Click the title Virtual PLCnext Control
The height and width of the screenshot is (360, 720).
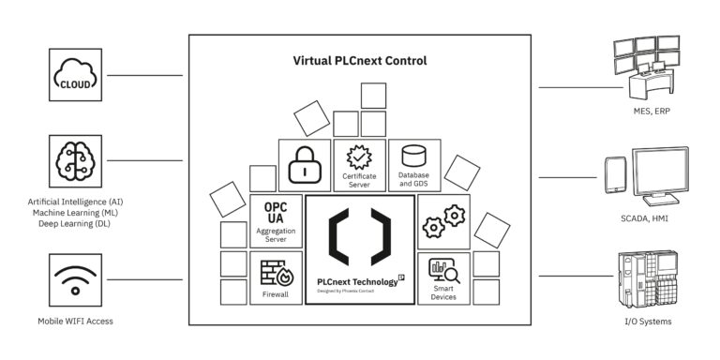click(359, 61)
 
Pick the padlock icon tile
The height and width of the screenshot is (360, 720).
click(305, 165)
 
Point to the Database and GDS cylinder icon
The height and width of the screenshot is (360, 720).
click(413, 154)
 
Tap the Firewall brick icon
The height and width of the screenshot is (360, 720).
click(276, 273)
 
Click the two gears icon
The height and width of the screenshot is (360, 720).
click(443, 221)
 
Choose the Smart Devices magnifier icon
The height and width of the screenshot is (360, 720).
click(442, 271)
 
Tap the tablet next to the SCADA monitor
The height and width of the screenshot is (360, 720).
click(615, 174)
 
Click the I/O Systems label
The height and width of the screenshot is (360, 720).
click(646, 322)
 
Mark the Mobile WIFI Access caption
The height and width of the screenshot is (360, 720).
click(75, 322)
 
